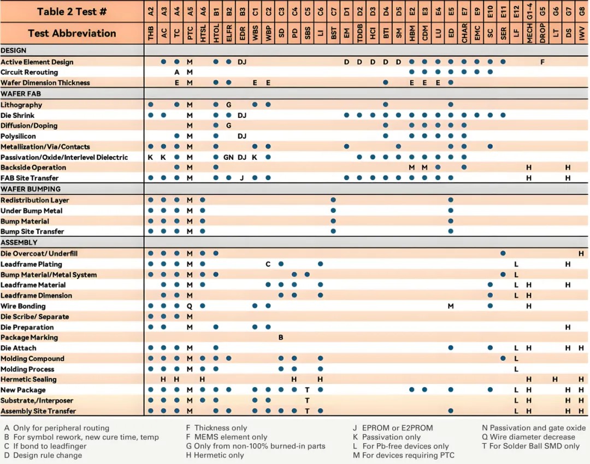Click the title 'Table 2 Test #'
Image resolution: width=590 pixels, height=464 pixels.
coord(72,11)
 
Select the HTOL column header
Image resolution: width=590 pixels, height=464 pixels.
coord(216,34)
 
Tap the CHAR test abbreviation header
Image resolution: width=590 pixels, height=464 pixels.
coord(464,34)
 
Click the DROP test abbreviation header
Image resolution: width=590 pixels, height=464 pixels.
coord(542,34)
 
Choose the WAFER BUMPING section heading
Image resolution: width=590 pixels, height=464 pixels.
coord(26,189)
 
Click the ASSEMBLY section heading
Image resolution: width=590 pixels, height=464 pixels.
coord(19,242)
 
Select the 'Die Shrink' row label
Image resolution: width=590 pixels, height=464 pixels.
coord(17,115)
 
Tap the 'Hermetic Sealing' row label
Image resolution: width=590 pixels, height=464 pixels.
coord(28,379)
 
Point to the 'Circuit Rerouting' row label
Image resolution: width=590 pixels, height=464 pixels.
coord(29,72)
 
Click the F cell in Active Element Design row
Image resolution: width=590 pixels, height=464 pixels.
coord(542,62)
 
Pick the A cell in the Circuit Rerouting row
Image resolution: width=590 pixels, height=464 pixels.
coord(176,72)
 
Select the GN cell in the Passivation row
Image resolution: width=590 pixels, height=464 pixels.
coord(228,157)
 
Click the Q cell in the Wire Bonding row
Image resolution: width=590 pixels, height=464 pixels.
coord(190,306)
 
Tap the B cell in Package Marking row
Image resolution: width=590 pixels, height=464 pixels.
coord(281,337)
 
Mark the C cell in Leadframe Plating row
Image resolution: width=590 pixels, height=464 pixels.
coord(268,264)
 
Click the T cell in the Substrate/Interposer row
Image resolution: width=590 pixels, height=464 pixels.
coord(307,400)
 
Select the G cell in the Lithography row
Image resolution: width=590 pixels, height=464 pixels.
coord(228,105)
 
